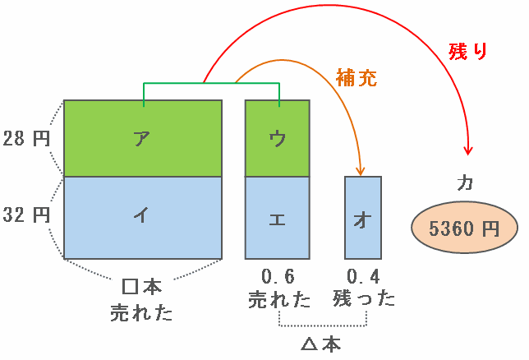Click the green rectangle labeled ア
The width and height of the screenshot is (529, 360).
click(x=143, y=138)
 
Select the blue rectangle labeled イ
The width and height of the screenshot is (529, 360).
click(x=143, y=218)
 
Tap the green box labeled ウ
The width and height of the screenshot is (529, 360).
click(x=278, y=138)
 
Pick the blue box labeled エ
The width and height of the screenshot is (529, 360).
click(x=278, y=218)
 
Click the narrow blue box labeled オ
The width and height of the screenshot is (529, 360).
click(x=363, y=218)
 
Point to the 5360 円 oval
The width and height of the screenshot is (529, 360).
click(x=464, y=228)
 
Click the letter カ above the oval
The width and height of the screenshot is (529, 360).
click(x=465, y=184)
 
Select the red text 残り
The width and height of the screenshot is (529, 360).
click(x=468, y=51)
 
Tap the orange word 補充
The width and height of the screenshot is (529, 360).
click(x=356, y=78)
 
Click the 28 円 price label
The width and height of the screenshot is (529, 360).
click(x=26, y=138)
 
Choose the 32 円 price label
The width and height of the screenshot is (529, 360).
click(x=26, y=215)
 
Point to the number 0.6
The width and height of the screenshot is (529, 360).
click(x=278, y=277)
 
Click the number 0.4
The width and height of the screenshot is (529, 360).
click(x=363, y=277)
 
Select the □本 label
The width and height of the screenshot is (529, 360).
click(x=141, y=287)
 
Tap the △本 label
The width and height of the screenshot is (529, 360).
click(x=321, y=344)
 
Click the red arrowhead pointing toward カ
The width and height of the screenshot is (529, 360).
click(x=468, y=150)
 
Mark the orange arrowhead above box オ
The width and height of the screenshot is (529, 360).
click(x=361, y=171)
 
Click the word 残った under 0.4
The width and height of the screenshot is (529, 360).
click(x=364, y=299)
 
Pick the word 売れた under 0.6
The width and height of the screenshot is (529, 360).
click(x=279, y=299)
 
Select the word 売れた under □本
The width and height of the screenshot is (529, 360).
click(x=141, y=312)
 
